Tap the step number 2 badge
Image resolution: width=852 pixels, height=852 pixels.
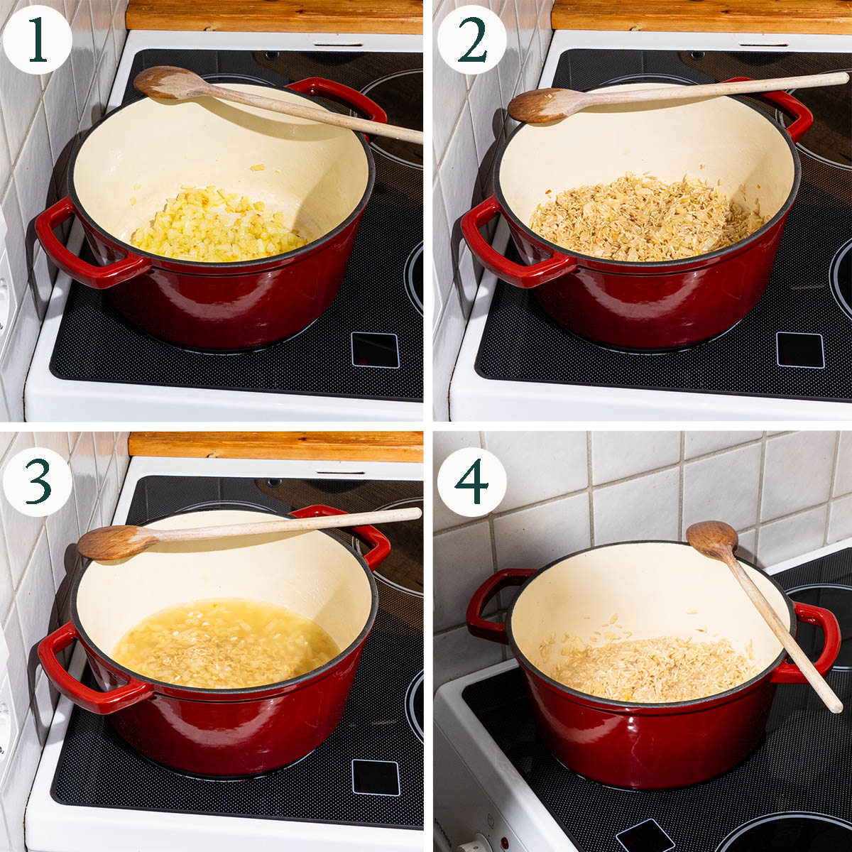[471, 40]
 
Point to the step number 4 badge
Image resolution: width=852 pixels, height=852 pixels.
[471, 482]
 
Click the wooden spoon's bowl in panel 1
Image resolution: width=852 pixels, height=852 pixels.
[166, 82]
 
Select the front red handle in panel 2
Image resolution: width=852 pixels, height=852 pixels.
[513, 250]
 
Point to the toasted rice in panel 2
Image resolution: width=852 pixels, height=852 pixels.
[648, 219]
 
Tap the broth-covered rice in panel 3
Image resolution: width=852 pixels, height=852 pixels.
[226, 643]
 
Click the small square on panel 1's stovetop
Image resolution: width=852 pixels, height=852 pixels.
[375, 350]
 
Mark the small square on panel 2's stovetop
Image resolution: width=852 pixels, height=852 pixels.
[800, 350]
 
